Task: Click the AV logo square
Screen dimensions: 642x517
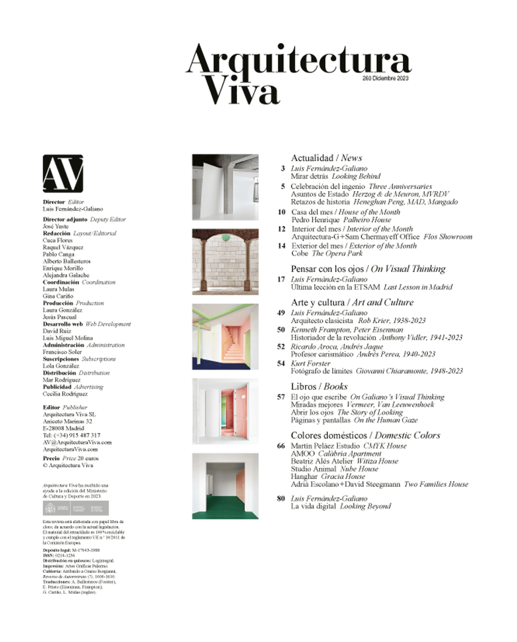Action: [63, 173]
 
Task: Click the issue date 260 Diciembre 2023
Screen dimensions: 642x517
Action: [385, 78]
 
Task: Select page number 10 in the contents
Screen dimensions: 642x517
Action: [281, 212]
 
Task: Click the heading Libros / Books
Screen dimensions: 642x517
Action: [319, 387]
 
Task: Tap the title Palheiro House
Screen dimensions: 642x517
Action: [367, 220]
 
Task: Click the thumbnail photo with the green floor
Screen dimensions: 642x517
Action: [225, 486]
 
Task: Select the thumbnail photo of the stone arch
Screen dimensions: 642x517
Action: [225, 262]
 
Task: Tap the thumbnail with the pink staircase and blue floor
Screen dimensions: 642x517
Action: [225, 337]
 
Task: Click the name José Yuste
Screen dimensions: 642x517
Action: [56, 226]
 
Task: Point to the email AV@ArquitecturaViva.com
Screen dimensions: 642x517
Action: [77, 442]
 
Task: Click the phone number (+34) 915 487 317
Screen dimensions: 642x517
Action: [77, 435]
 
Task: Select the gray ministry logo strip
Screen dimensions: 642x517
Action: [76, 508]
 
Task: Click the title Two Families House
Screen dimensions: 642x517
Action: [436, 484]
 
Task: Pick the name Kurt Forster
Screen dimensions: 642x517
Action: [310, 363]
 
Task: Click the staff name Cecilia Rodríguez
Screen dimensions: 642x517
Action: [65, 394]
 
